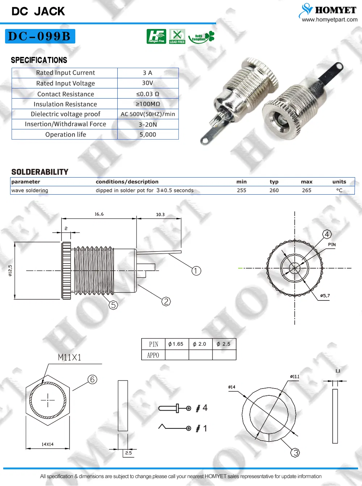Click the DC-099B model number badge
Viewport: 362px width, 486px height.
[40, 36]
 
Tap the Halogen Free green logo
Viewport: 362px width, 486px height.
[156, 36]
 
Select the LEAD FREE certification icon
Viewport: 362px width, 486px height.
[177, 36]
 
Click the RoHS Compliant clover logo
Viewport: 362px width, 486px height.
[202, 37]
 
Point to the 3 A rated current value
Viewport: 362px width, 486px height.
[147, 73]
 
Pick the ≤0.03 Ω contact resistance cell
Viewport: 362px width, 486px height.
[148, 94]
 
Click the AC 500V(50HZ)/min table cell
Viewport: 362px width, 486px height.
[148, 114]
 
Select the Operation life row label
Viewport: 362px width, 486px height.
[66, 134]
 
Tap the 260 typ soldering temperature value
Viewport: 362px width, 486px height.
[274, 190]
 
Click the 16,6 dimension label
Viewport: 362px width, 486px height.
[99, 214]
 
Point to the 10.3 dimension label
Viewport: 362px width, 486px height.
[160, 215]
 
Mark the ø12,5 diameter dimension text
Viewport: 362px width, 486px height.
[10, 270]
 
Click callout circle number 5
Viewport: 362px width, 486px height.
[113, 305]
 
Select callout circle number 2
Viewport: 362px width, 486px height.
[166, 302]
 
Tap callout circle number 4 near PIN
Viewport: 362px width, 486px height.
[327, 234]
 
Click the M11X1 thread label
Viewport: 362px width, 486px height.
[70, 358]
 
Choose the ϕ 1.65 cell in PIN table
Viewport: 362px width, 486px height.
[176, 344]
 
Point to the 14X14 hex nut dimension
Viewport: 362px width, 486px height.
[47, 444]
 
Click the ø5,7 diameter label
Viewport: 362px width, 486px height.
[325, 296]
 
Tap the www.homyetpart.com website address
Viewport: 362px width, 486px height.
[329, 20]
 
